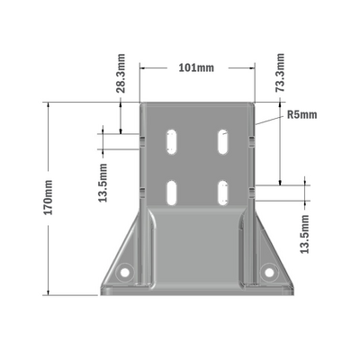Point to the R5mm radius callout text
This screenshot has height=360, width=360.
pyautogui.click(x=302, y=115)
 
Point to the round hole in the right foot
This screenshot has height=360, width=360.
pyautogui.click(x=267, y=270)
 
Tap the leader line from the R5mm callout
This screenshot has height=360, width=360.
pyautogui.click(x=270, y=118)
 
